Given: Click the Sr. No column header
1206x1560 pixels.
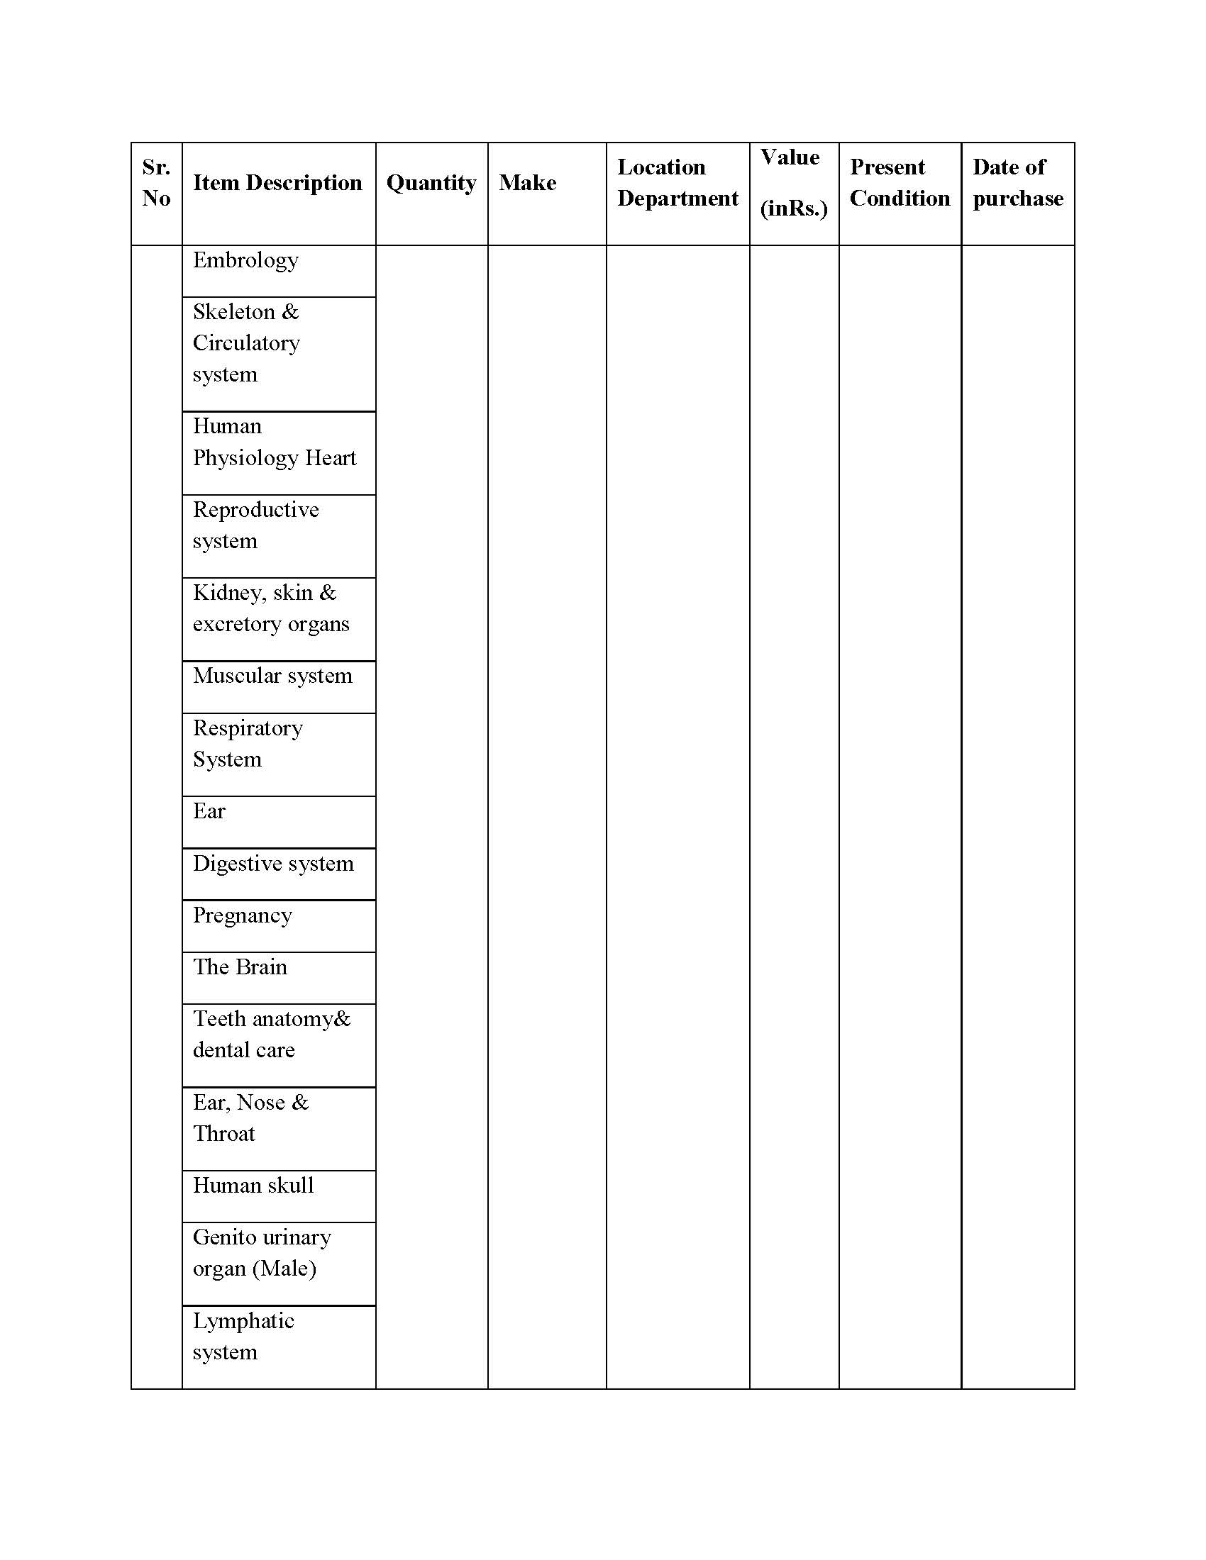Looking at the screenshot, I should click(x=156, y=183).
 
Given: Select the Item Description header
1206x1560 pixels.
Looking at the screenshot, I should click(x=277, y=183).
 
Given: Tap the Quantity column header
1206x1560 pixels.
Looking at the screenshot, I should click(x=431, y=183).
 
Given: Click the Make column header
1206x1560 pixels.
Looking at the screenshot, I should click(x=527, y=183).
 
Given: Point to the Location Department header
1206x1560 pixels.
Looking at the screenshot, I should click(x=677, y=183).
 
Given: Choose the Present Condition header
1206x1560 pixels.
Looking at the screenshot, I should click(x=900, y=183).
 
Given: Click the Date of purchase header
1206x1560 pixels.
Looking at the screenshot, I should click(x=1017, y=183).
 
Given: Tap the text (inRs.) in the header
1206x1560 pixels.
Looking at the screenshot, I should click(x=794, y=208).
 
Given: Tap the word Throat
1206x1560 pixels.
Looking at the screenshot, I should click(x=223, y=1135).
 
